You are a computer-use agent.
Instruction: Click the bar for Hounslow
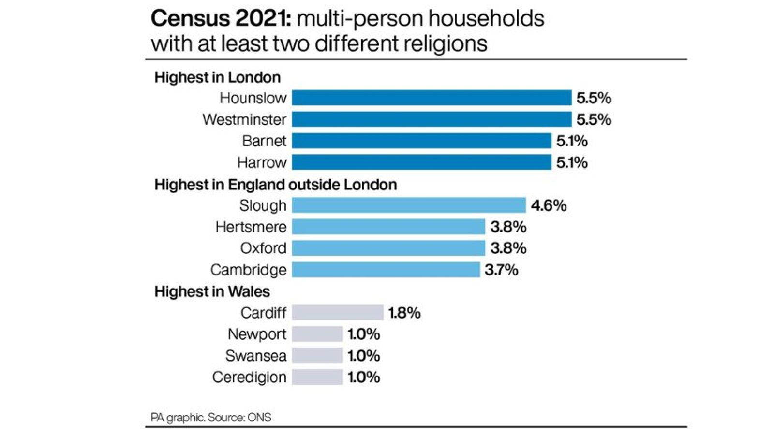coord(432,98)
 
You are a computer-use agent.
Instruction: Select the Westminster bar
coord(432,119)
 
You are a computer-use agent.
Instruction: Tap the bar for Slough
coord(409,205)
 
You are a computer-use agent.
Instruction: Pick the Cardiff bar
coord(338,313)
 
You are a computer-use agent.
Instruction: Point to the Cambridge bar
coord(386,270)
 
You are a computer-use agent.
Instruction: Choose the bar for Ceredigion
coord(317,377)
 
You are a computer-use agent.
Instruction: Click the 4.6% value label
coord(549,205)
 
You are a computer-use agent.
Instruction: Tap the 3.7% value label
coord(501,270)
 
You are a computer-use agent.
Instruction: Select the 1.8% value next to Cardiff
coord(404,313)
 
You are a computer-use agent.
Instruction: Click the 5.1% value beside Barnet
coord(572,141)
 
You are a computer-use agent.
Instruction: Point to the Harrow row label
coord(262,162)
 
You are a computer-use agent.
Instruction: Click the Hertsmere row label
coord(251,227)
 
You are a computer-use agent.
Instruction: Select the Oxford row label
coord(263,248)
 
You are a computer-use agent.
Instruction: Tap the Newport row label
coord(257,334)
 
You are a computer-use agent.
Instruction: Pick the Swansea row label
coord(255,356)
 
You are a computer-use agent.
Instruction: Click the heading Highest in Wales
coord(212,291)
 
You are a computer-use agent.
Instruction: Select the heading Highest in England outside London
coord(275,185)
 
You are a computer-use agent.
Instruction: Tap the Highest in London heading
coord(217,77)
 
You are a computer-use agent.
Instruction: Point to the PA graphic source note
coord(211,417)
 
